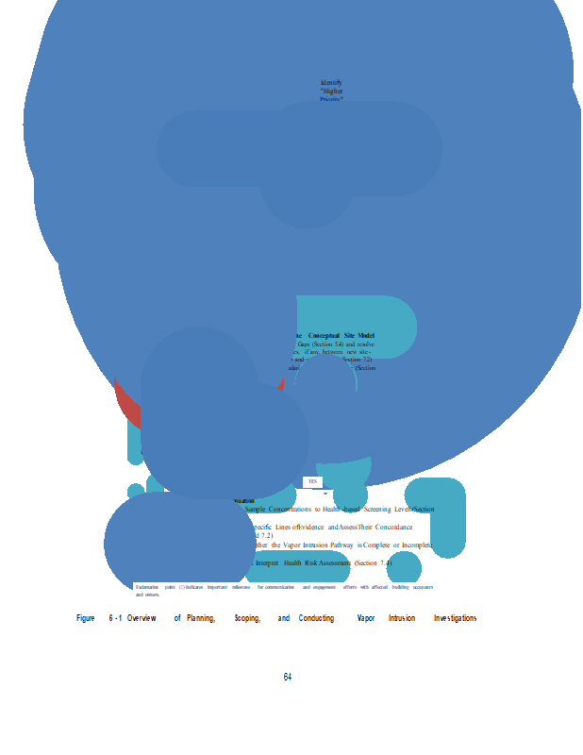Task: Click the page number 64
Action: (288, 677)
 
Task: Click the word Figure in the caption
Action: (86, 618)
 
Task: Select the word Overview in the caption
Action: (142, 618)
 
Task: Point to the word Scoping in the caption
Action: (247, 618)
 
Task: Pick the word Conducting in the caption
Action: (316, 618)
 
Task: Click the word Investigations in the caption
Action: (455, 618)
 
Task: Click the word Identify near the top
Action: (331, 83)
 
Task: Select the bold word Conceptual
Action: (330, 336)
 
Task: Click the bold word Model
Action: (367, 336)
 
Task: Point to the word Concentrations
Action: (290, 509)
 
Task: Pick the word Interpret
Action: (268, 562)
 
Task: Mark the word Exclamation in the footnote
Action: (148, 587)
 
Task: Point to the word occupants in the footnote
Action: (423, 587)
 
